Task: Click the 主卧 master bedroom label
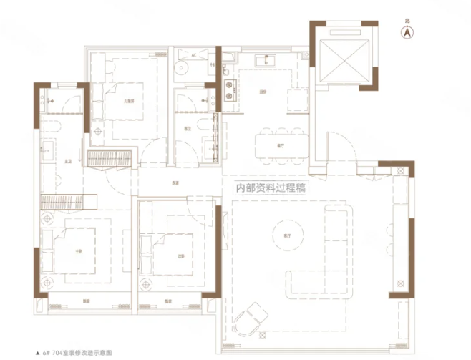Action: tap(77, 251)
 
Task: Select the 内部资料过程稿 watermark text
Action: tap(271, 190)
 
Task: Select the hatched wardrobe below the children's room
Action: tap(110, 159)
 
